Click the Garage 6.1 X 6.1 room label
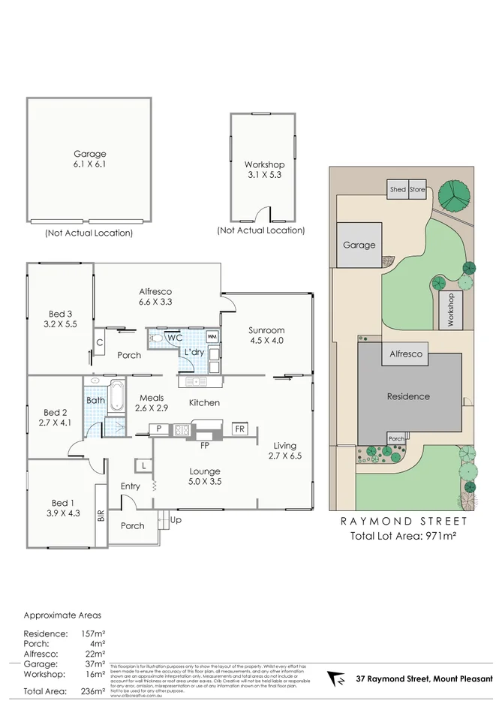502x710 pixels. click(89, 158)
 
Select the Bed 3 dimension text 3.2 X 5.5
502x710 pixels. click(60, 325)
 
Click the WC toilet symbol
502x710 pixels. click(157, 338)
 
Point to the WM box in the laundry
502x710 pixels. click(212, 336)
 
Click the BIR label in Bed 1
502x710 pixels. click(100, 516)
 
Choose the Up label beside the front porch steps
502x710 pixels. click(176, 519)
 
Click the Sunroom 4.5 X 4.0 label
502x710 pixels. click(266, 335)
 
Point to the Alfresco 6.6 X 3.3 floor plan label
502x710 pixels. click(156, 296)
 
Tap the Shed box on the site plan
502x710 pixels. click(398, 190)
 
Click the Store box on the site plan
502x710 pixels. click(417, 190)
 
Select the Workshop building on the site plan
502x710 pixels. click(451, 308)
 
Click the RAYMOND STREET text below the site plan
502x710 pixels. click(404, 521)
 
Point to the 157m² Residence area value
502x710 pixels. click(92, 634)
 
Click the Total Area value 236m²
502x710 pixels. click(92, 690)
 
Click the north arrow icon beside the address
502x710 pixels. click(339, 678)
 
